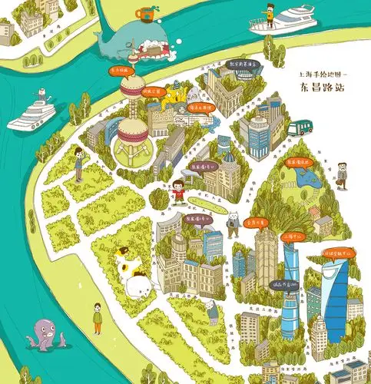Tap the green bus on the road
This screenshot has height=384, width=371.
303,126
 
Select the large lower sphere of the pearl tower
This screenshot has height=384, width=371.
131,141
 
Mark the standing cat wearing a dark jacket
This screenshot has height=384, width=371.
230,223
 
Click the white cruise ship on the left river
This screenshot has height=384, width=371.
33,111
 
